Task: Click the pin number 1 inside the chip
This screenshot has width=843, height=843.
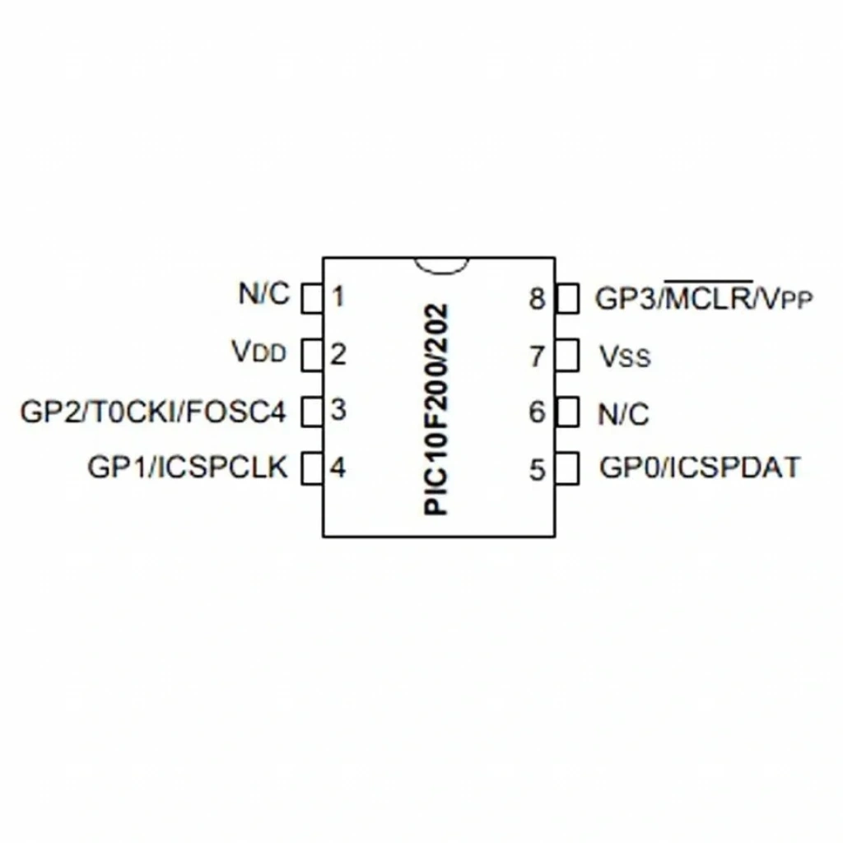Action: (338, 296)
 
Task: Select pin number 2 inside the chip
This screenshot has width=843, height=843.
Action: (338, 354)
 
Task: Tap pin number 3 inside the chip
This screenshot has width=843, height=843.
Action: (338, 410)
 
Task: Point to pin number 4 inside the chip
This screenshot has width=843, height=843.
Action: (338, 468)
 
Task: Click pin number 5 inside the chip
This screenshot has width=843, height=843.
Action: (538, 470)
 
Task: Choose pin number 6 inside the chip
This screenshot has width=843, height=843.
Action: (538, 412)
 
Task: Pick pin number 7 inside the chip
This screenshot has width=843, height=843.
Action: (538, 356)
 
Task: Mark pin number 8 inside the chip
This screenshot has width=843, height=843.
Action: (538, 299)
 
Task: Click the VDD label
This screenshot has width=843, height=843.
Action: (259, 352)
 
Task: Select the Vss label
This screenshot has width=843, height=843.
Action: (626, 356)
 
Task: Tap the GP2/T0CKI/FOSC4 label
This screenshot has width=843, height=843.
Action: (153, 412)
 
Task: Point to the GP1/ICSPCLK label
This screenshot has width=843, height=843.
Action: (188, 467)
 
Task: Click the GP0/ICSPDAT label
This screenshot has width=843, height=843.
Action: (700, 468)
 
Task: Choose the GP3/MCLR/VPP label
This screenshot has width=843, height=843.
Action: (704, 296)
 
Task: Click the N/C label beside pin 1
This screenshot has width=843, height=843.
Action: (264, 294)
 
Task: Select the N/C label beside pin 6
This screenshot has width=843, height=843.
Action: (624, 414)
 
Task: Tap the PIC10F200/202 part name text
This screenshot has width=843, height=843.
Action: (436, 410)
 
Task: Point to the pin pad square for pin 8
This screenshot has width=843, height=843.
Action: (566, 298)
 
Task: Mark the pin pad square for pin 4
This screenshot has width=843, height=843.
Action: (312, 468)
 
